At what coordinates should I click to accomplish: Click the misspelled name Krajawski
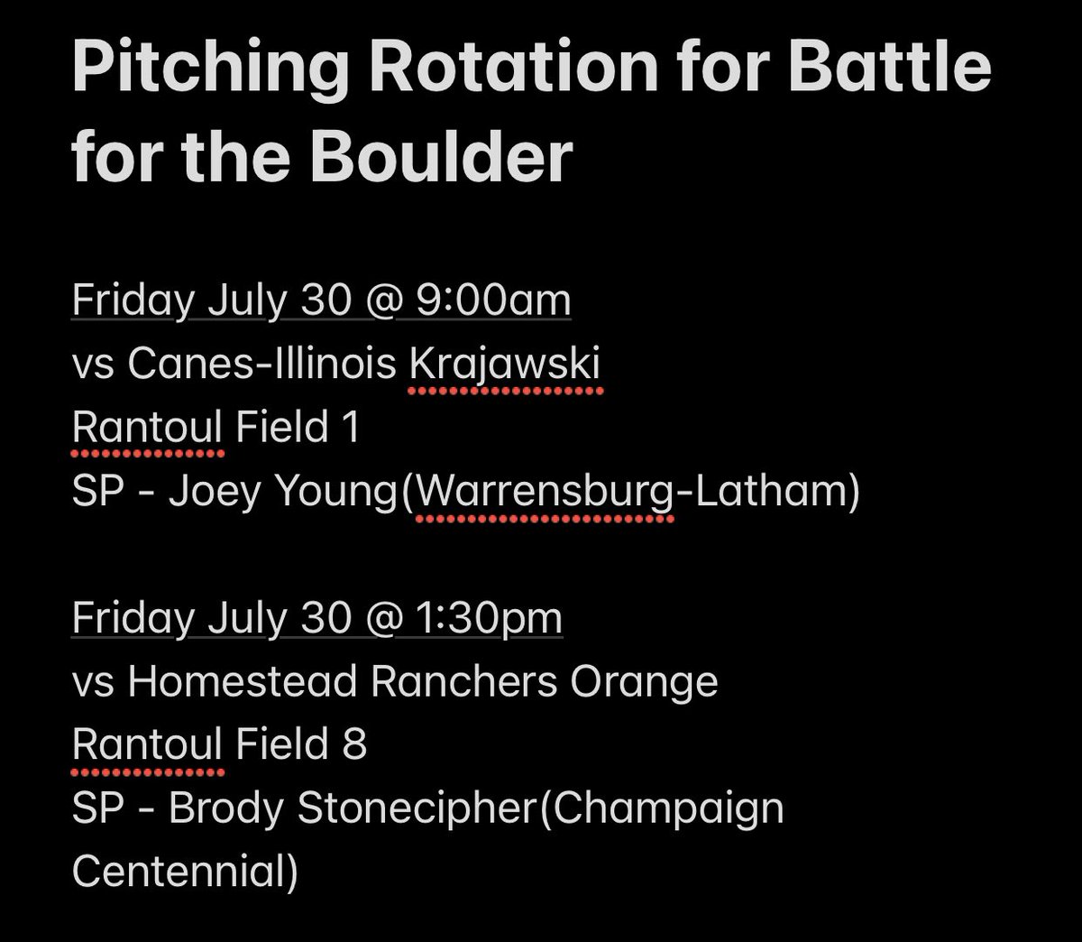(506, 365)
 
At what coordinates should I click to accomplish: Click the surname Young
(340, 494)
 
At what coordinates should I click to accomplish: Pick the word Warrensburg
(544, 494)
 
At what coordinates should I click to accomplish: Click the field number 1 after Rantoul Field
(352, 428)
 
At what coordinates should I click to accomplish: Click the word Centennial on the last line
(179, 873)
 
